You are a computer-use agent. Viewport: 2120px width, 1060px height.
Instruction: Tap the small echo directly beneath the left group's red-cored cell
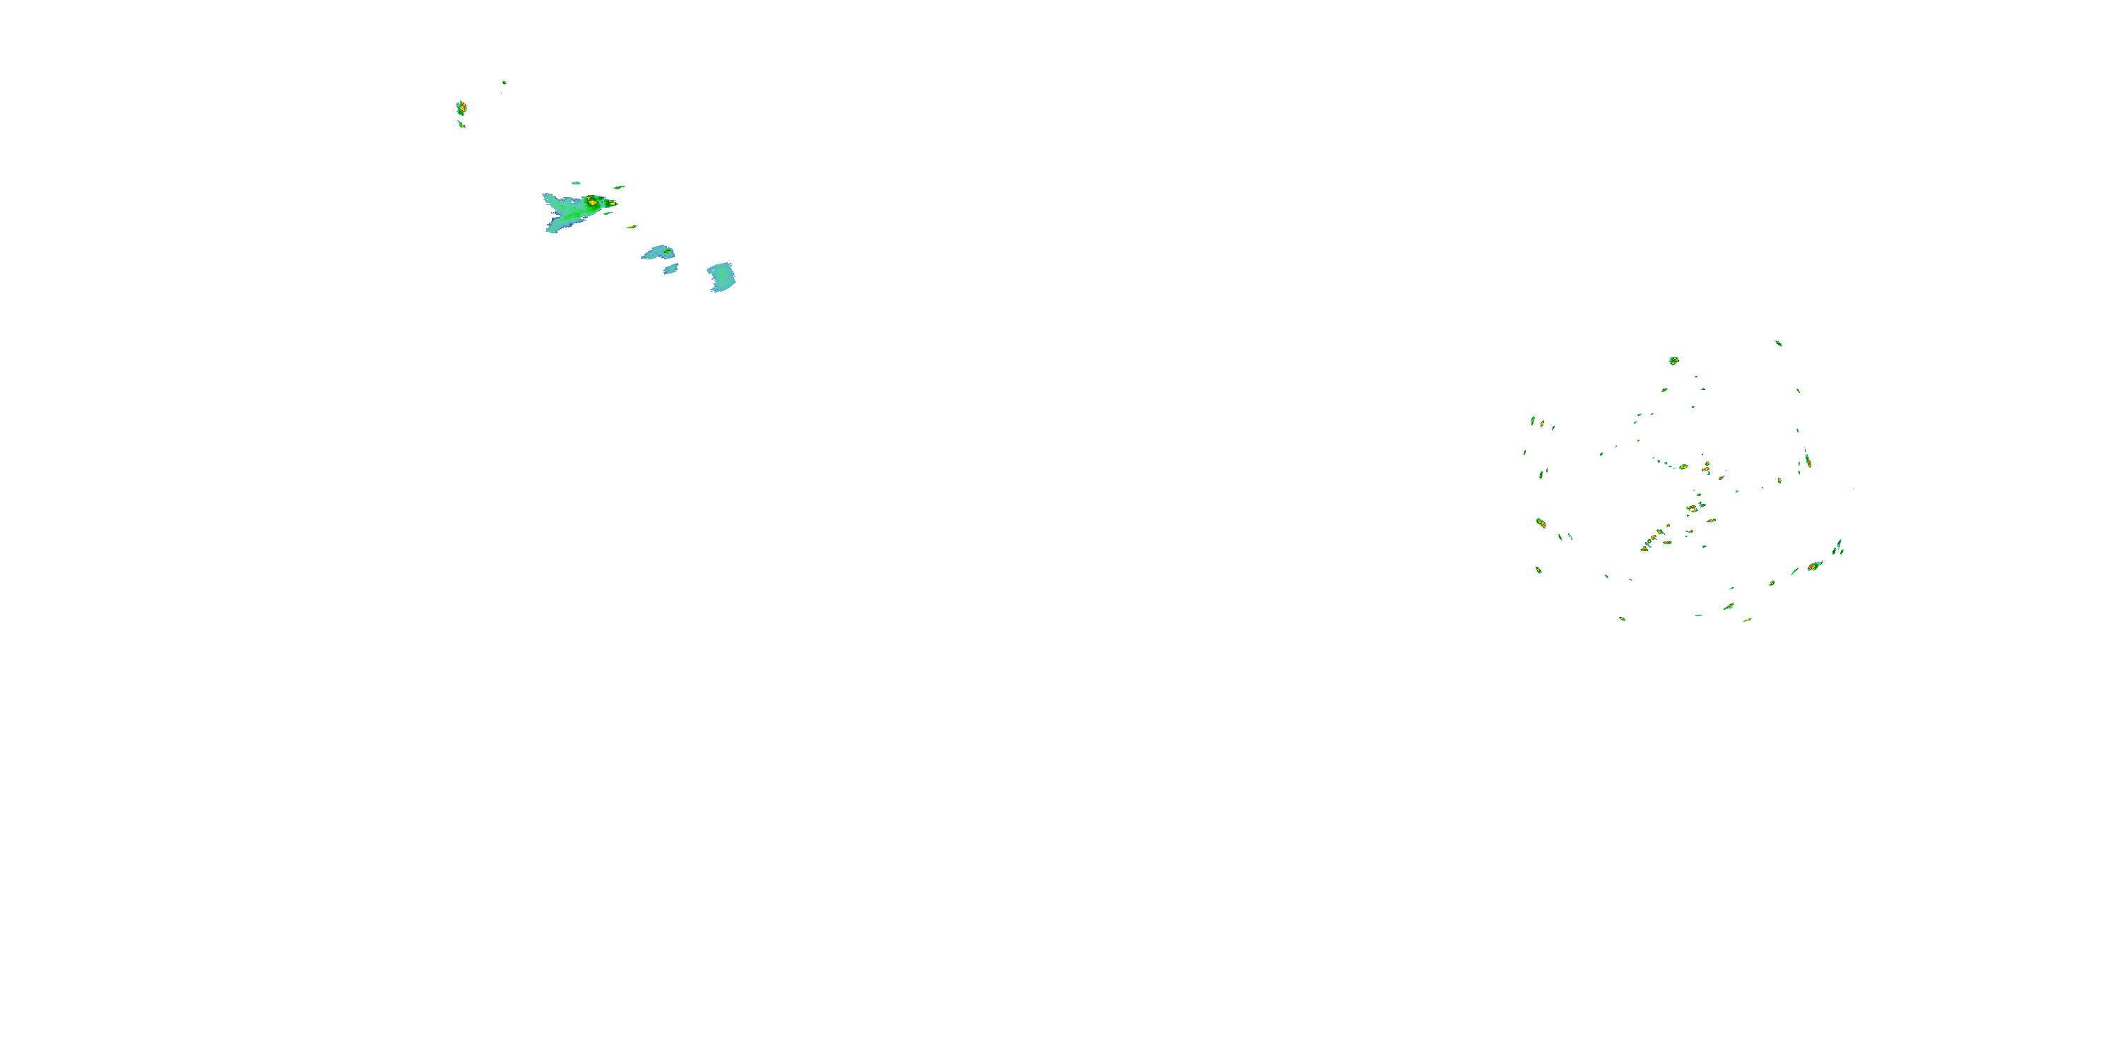coord(461,124)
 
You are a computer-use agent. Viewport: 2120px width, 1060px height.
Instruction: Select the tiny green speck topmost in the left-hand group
coord(504,82)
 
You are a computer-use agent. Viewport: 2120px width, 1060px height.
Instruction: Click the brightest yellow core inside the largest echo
coord(593,201)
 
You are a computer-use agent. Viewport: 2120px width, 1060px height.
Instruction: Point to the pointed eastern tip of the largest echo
coord(616,204)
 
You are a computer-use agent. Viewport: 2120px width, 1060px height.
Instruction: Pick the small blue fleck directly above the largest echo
coord(576,183)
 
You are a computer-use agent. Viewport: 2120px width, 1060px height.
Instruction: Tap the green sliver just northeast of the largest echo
coord(619,188)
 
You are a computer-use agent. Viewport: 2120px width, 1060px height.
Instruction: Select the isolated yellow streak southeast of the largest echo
coord(632,227)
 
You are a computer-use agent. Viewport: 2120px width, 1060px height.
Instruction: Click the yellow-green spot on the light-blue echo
coord(669,252)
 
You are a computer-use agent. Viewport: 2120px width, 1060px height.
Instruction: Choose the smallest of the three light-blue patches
coord(671,269)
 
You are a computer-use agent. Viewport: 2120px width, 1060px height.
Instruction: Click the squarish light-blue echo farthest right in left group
coord(722,277)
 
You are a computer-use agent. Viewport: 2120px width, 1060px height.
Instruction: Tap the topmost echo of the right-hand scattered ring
coord(1779,343)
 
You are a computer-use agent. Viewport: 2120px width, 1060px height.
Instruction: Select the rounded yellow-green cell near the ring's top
coord(1674,360)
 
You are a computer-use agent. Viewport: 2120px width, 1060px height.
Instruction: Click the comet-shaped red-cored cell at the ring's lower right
coord(1814,566)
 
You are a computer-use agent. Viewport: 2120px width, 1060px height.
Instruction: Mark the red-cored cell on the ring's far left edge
coord(1541,523)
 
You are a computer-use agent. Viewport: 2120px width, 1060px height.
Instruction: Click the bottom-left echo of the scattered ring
coord(1622,618)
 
